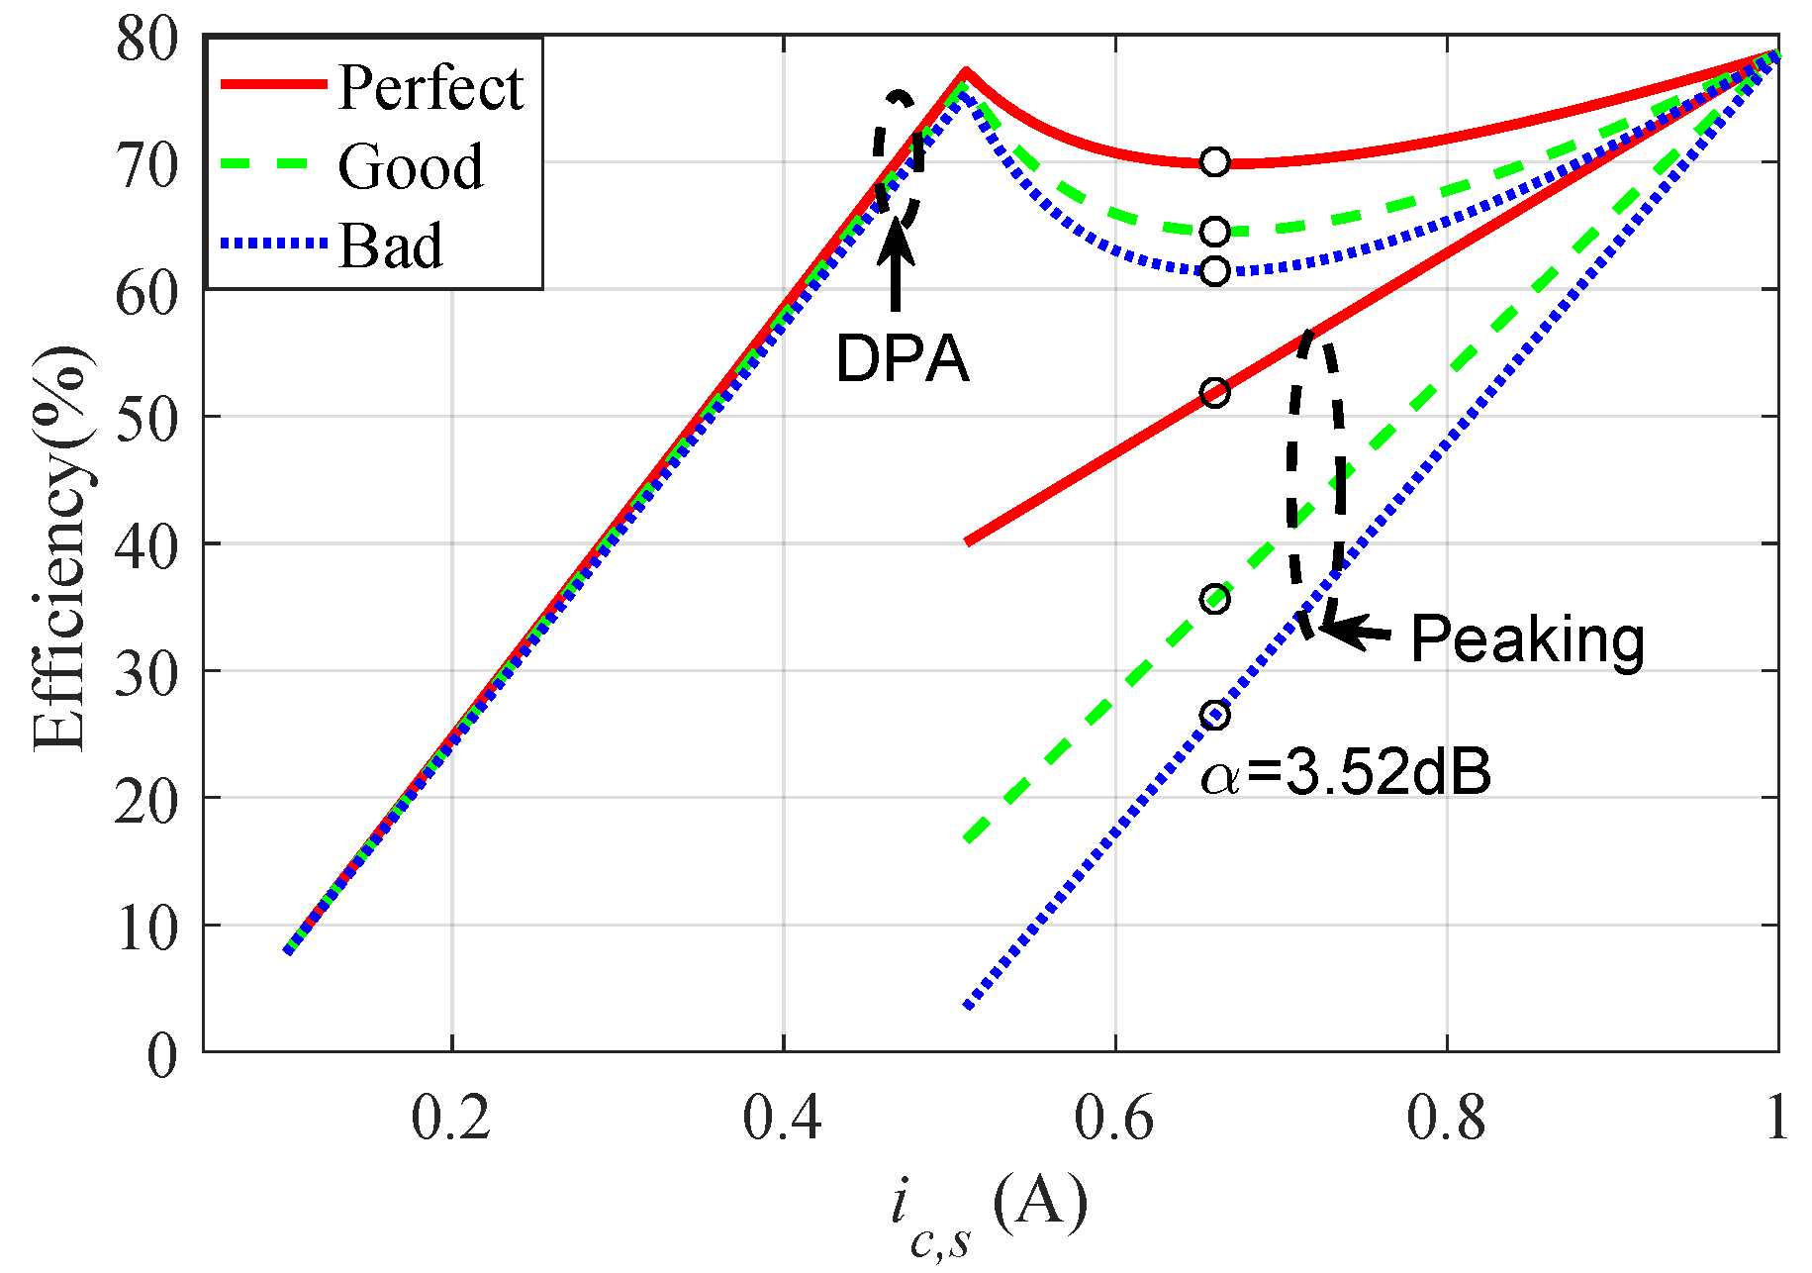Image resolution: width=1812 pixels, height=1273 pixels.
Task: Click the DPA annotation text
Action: [x=902, y=357]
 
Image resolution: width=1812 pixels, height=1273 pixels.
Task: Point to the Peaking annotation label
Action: [x=1527, y=638]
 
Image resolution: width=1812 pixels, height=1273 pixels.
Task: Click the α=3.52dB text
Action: [x=1346, y=773]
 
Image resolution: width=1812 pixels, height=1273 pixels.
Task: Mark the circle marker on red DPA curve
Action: [x=1215, y=161]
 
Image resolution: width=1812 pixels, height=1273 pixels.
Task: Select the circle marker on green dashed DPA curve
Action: [x=1215, y=232]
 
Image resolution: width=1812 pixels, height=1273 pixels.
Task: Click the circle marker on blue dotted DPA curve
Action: [x=1215, y=270]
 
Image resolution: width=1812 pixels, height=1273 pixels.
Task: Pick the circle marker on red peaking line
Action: [x=1215, y=393]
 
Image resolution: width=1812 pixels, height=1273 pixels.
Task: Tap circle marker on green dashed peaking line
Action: [x=1215, y=599]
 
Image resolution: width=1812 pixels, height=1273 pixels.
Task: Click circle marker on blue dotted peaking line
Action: [x=1215, y=715]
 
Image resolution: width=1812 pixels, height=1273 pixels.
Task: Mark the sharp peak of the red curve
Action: [x=966, y=71]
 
